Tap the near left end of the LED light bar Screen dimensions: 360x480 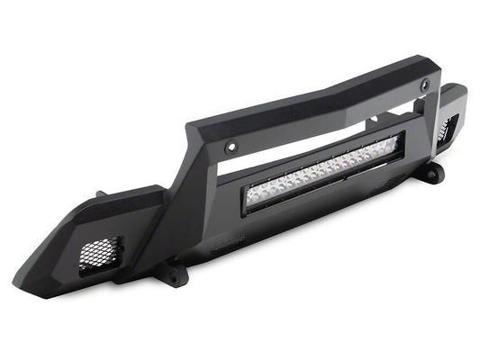[255, 197]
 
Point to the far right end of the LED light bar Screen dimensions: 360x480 [396, 141]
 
